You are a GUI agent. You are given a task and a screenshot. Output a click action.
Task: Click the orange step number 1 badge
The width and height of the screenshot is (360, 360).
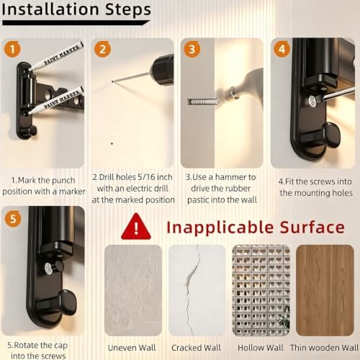(x=12, y=49)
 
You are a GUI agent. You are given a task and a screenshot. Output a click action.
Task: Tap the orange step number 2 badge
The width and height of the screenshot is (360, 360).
(x=102, y=49)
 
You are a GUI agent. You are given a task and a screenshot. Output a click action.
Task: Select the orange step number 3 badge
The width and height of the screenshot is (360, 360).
(x=192, y=49)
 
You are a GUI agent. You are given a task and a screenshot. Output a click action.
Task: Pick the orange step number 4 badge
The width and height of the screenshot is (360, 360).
(x=282, y=49)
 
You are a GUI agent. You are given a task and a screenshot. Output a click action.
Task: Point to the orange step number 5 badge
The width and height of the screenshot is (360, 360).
(x=13, y=219)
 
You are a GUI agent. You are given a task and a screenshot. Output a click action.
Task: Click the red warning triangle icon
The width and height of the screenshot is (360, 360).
(x=136, y=226)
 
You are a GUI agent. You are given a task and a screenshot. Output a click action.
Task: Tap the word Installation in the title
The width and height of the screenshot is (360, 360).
(x=50, y=9)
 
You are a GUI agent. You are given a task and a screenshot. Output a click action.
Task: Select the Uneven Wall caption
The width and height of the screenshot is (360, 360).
(x=132, y=348)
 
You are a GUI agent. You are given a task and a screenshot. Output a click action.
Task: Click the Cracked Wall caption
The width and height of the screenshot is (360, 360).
(x=196, y=348)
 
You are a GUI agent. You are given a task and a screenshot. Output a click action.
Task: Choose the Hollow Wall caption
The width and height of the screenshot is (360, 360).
(x=261, y=348)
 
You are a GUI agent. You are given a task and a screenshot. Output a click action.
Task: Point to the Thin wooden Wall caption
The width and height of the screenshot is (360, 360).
(x=324, y=348)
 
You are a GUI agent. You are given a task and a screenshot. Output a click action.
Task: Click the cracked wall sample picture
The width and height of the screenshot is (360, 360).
(x=197, y=290)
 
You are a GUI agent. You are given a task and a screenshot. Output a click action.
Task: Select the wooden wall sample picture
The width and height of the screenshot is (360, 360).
(x=325, y=290)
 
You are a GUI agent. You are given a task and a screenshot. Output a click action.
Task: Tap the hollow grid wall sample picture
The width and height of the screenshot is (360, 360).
(x=261, y=290)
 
